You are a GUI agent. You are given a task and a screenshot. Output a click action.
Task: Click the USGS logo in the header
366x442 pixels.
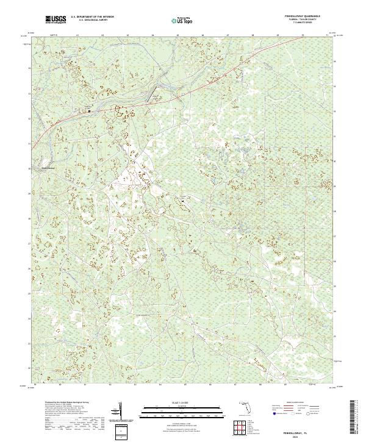point(56,20)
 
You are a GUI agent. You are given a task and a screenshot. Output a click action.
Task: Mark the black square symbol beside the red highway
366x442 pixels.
point(89,111)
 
